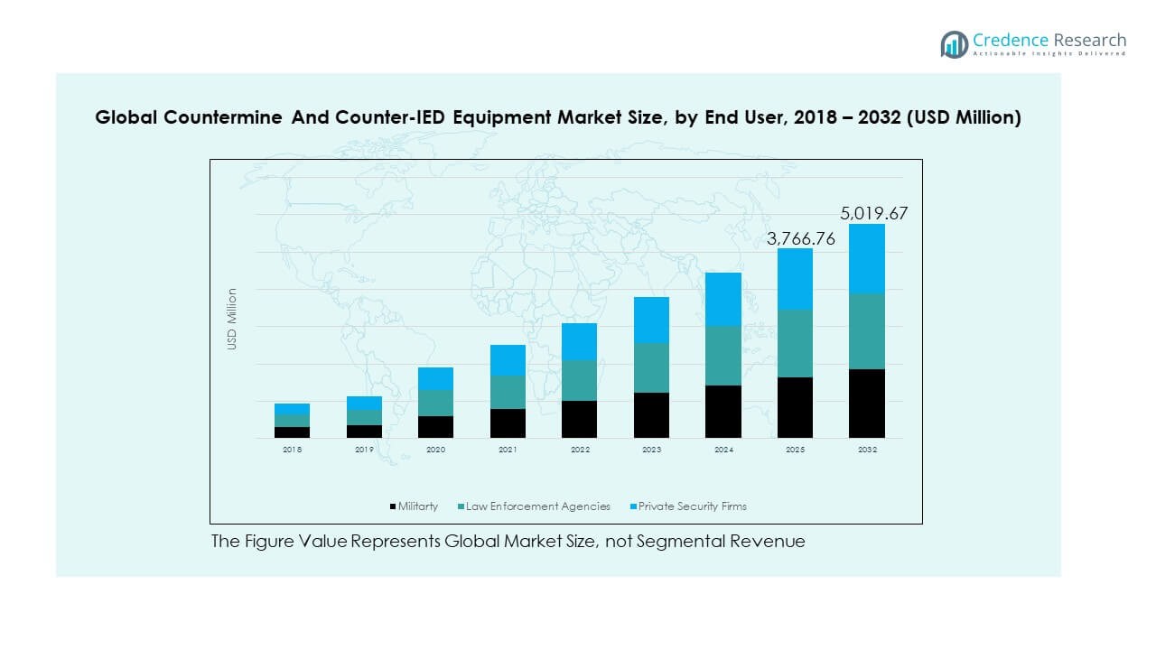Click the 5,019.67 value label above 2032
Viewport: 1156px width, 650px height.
pyautogui.click(x=873, y=214)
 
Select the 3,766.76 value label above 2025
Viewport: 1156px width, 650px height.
pyautogui.click(x=801, y=239)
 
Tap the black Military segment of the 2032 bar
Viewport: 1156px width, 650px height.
pyautogui.click(x=866, y=404)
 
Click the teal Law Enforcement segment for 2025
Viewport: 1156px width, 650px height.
pyautogui.click(x=795, y=344)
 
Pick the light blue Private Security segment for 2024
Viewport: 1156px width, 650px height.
pyautogui.click(x=722, y=299)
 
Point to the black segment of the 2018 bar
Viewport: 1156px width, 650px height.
pyautogui.click(x=292, y=432)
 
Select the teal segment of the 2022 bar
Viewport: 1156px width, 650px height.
pyautogui.click(x=579, y=381)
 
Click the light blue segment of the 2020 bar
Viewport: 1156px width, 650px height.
pyautogui.click(x=435, y=379)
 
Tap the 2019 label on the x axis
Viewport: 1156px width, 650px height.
pyautogui.click(x=364, y=450)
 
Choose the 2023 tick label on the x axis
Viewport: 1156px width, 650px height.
pyautogui.click(x=651, y=450)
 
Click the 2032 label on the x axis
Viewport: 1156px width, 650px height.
pyautogui.click(x=866, y=450)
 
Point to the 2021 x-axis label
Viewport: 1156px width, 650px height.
pyautogui.click(x=508, y=450)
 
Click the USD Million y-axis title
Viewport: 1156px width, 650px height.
pyautogui.click(x=232, y=319)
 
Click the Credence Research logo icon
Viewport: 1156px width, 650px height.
pyautogui.click(x=954, y=44)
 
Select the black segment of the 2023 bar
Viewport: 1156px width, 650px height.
pyautogui.click(x=651, y=415)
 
